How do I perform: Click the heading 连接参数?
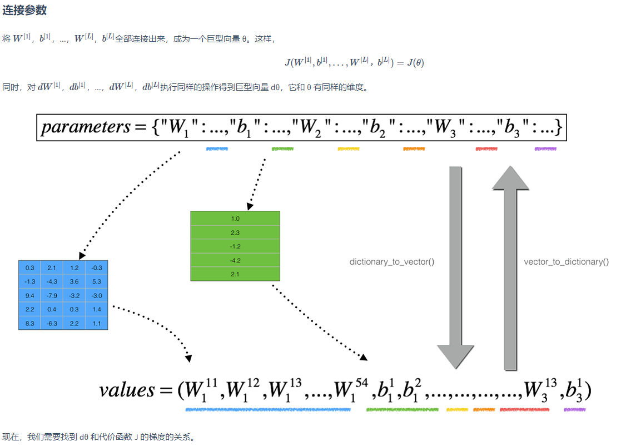point(24,10)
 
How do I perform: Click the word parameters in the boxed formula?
point(85,127)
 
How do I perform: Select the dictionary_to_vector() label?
point(391,261)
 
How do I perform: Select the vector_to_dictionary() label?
point(566,261)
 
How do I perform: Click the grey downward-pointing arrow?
point(456,267)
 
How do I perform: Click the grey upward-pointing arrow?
point(510,267)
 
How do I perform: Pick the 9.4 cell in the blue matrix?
point(30,295)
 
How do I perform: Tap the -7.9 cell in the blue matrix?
point(52,295)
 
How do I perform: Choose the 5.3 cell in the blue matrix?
point(97,281)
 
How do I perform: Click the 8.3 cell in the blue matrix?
point(30,323)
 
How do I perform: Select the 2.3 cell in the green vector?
point(235,232)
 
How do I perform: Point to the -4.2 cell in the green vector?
point(235,260)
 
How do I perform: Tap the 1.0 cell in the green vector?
point(235,219)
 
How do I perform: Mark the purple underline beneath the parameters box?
point(545,149)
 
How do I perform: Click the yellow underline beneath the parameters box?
point(349,149)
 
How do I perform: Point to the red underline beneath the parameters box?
point(486,149)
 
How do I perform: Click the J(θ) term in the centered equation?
point(415,63)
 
